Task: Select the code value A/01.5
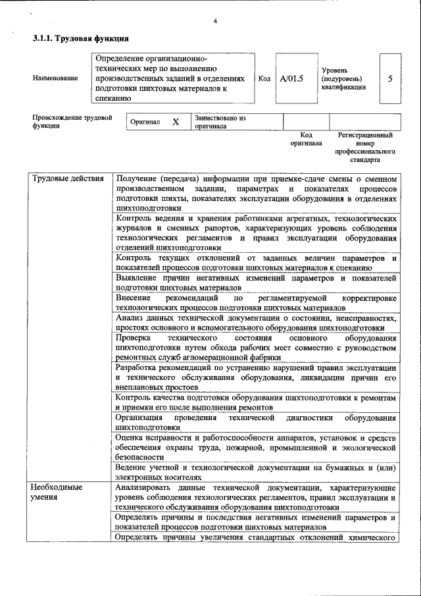coord(290,78)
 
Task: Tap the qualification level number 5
coord(391,78)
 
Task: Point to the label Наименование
coord(55,78)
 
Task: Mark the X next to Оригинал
coord(175,122)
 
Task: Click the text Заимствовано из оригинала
coord(220,121)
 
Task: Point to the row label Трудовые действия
coord(68,179)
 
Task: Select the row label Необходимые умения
coord(58,493)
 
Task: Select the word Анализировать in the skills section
coord(145,488)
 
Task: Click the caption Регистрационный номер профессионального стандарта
coord(364,147)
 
